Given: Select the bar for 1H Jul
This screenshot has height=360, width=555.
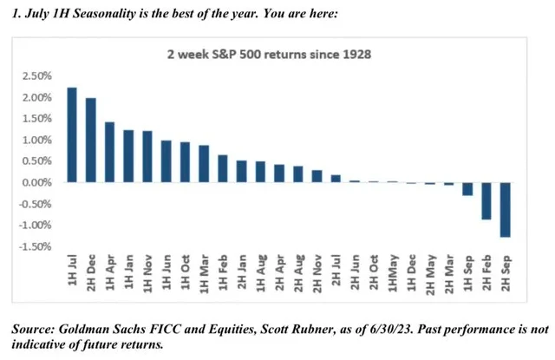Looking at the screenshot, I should pos(71,135).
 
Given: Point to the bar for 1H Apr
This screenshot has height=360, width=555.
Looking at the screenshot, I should pos(109,152).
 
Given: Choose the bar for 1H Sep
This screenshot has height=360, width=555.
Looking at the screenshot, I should pos(467,189).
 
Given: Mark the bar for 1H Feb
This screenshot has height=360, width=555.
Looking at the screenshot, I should pos(222,168).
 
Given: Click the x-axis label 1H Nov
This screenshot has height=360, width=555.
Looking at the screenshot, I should pos(147,272).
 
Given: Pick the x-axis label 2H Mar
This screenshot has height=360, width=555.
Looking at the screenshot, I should pos(449,272).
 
